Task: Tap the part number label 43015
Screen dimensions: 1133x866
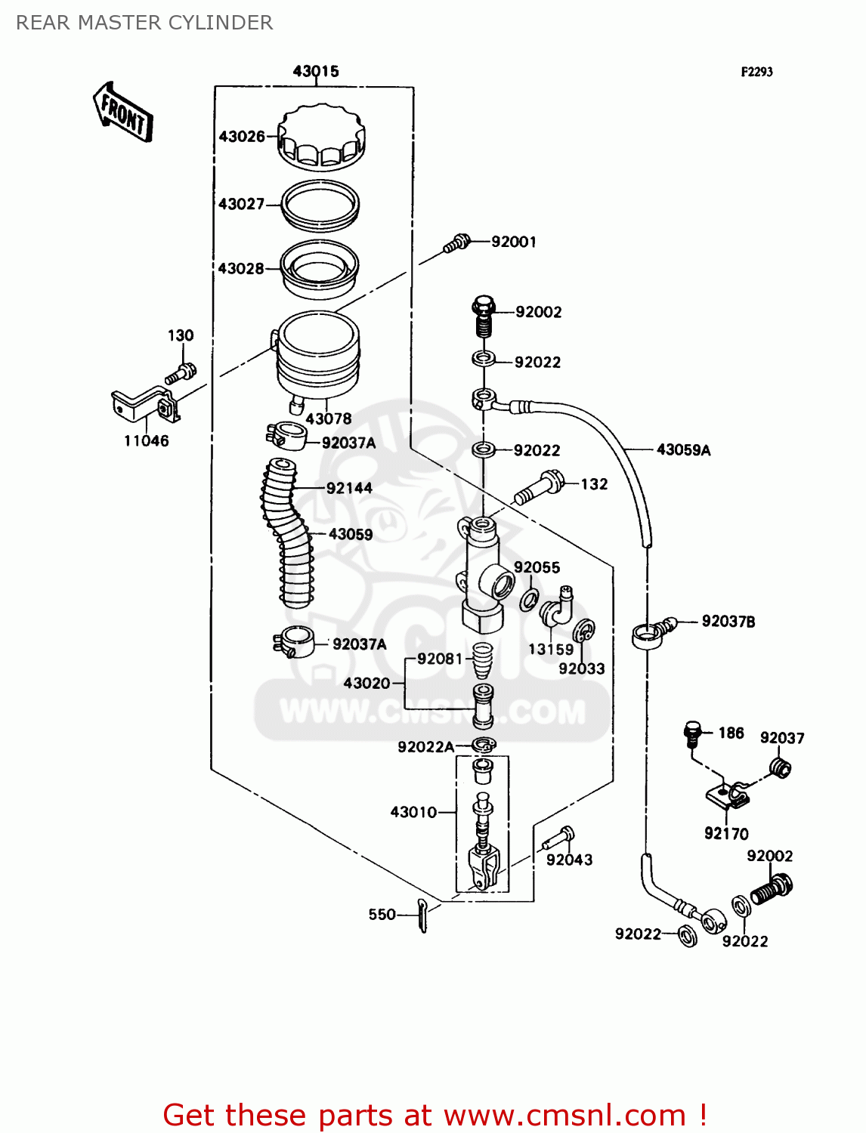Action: [x=316, y=71]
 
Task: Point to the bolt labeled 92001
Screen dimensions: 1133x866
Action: [x=456, y=243]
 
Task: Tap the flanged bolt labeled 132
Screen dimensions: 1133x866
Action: [x=540, y=486]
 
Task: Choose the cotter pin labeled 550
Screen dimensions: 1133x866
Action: [x=422, y=915]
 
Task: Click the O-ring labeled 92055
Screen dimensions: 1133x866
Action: [x=529, y=600]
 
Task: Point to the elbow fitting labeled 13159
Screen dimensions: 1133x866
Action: [x=557, y=607]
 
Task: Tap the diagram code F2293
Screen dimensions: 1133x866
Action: [x=756, y=72]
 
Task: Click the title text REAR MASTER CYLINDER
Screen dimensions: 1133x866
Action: [x=144, y=23]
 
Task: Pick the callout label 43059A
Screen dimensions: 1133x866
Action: [x=683, y=450]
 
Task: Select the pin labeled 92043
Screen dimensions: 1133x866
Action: [x=558, y=838]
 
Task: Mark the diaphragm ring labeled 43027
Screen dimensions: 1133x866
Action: [x=320, y=204]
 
